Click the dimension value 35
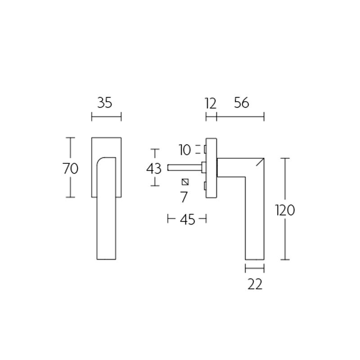104,103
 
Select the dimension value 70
70,168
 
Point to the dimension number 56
241,103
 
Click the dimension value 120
284,210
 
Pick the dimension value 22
255,284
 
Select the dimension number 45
187,220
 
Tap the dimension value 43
154,169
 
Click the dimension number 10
184,149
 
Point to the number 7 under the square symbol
184,197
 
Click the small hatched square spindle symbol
184,182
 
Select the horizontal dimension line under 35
106,118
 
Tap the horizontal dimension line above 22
255,269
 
